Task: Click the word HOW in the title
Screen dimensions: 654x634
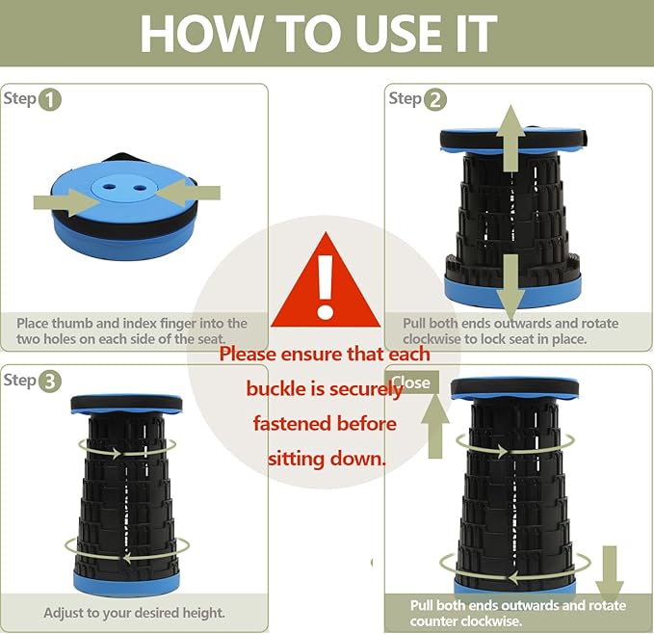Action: click(201, 33)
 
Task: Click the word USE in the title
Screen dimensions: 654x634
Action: click(399, 33)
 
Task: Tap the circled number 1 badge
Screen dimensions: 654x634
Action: click(50, 100)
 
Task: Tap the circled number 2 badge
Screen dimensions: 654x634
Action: click(435, 100)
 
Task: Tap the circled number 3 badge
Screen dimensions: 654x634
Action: click(50, 382)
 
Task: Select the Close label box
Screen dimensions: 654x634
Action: click(413, 383)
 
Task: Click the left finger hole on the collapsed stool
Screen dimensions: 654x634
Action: click(110, 187)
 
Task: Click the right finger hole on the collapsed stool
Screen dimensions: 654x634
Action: click(140, 187)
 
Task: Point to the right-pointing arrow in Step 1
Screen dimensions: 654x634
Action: click(65, 202)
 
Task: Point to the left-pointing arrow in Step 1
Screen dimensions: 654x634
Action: click(189, 193)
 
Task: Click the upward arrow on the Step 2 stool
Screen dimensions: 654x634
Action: click(510, 138)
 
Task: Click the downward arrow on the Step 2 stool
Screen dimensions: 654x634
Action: click(510, 288)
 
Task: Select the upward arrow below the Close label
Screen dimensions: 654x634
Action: click(435, 426)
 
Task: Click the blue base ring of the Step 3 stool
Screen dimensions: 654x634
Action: click(126, 583)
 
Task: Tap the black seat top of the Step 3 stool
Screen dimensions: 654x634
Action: click(126, 404)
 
